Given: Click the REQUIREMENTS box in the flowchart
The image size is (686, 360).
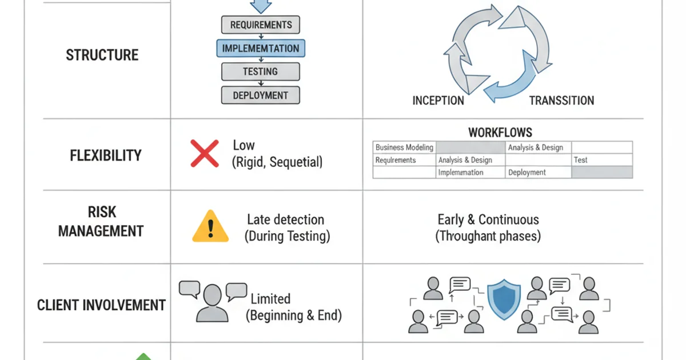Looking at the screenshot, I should (x=261, y=25).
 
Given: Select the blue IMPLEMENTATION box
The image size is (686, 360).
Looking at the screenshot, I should (x=261, y=48).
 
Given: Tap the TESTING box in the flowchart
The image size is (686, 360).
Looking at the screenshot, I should (x=261, y=71).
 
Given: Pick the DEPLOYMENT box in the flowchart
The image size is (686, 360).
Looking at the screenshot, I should (x=261, y=95).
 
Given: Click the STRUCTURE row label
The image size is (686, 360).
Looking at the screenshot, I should (x=102, y=55).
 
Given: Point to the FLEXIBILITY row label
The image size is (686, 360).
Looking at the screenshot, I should (x=106, y=155).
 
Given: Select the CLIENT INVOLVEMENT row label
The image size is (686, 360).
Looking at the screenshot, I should (x=101, y=305).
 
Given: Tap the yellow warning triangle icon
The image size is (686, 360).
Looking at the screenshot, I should (x=210, y=227).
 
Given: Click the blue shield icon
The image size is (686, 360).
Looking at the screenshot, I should (x=502, y=298).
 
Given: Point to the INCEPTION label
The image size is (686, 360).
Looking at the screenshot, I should (x=438, y=101).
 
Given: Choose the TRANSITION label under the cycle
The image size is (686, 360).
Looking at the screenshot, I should (x=561, y=101).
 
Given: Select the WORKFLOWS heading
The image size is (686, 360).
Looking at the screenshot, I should (x=500, y=133).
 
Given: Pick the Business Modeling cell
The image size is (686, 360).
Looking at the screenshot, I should (x=404, y=147).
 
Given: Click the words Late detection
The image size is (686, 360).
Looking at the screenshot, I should (x=285, y=219).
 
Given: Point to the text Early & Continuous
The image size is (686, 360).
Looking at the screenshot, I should (x=488, y=219).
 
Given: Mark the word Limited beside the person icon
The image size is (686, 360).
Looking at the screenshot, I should (x=270, y=299).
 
